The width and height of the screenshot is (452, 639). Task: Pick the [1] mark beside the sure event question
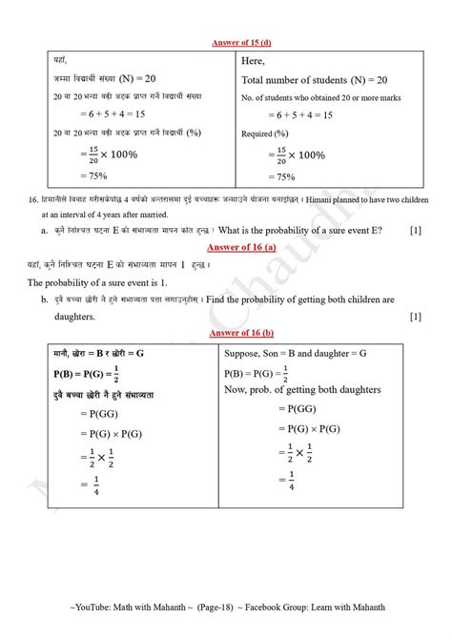pyautogui.click(x=415, y=230)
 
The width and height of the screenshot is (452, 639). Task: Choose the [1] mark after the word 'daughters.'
pyautogui.click(x=415, y=316)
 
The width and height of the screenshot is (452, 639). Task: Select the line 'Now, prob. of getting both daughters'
pyautogui.click(x=316, y=390)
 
